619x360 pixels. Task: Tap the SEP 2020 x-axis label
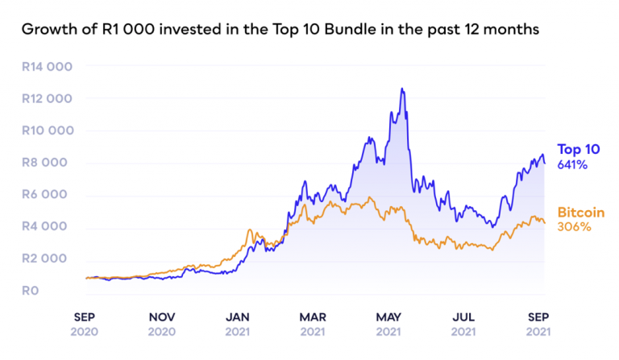coord(86,324)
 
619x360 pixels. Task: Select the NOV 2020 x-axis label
coord(162,324)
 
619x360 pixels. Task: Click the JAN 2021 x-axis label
coord(238,324)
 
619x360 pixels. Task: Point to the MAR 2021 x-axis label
coord(313,324)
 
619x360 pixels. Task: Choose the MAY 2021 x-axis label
coord(388,324)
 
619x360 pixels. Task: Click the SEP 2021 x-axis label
coord(538,324)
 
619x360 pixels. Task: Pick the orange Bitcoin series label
coord(581,213)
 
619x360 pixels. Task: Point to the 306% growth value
coord(575,227)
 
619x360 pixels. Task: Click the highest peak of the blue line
coord(401,89)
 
